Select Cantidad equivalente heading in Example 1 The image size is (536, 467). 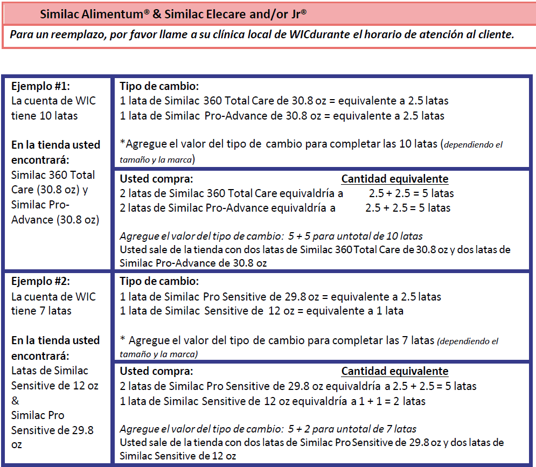(395, 179)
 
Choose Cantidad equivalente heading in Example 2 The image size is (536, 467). (395, 371)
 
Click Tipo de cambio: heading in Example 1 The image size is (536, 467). (159, 87)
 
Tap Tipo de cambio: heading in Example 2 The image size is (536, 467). (159, 282)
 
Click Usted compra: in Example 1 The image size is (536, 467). (156, 179)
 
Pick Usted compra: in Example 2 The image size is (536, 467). (156, 371)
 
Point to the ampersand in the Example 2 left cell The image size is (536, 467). (15, 401)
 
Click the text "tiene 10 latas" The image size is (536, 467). (45, 116)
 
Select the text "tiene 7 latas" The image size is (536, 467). (41, 311)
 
